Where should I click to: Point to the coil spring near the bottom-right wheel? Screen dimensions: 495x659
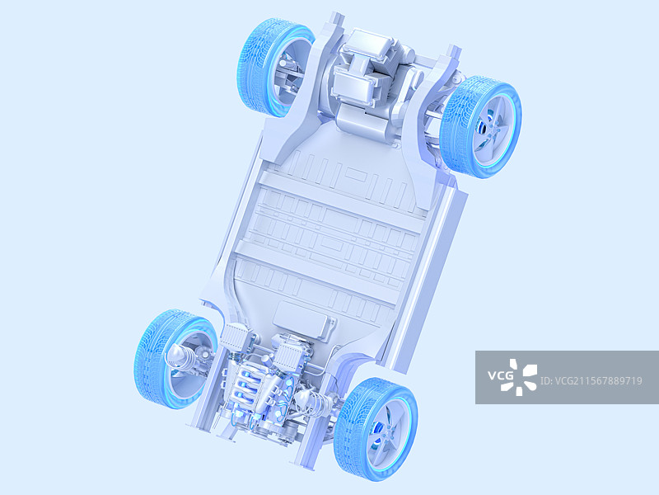tap(311, 402)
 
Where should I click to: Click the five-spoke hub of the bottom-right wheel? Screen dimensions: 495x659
tap(385, 433)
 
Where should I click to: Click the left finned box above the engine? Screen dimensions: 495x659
tap(234, 338)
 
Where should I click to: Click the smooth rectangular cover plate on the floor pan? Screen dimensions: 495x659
tap(304, 319)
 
